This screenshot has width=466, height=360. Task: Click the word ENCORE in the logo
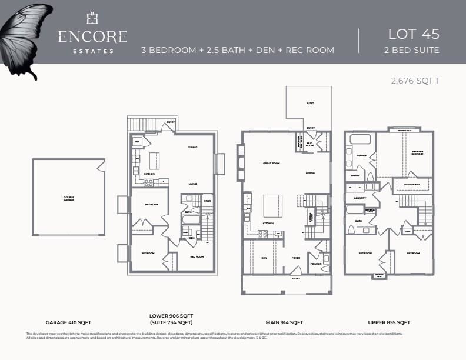click(x=92, y=36)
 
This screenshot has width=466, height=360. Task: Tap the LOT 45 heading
click(x=414, y=34)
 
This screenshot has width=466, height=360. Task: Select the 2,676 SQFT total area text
click(x=415, y=81)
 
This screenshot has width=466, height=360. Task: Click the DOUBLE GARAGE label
click(x=69, y=198)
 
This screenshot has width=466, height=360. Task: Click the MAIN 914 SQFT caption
click(x=285, y=322)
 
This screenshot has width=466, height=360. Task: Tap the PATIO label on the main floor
click(x=309, y=104)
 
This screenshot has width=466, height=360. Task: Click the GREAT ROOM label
click(x=270, y=163)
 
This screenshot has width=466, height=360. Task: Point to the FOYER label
click(x=296, y=258)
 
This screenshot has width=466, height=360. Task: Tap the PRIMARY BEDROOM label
click(x=417, y=153)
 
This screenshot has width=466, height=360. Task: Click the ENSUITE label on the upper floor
click(x=361, y=156)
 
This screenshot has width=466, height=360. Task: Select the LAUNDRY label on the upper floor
click(x=360, y=198)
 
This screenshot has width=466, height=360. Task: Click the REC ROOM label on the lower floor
click(x=197, y=256)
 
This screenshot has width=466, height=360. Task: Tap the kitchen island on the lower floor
click(x=155, y=160)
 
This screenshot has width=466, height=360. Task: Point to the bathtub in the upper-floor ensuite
click(x=360, y=140)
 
